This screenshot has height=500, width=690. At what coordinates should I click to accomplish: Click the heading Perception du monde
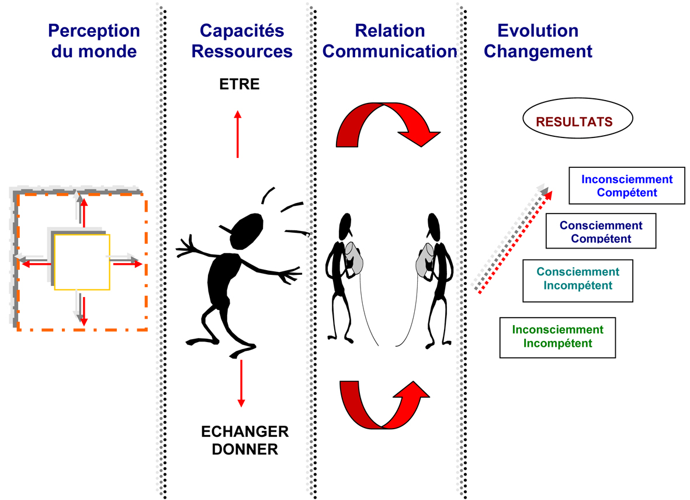(x=94, y=41)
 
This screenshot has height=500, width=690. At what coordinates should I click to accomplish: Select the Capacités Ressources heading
(x=242, y=41)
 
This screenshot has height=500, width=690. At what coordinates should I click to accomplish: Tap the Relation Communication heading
(x=390, y=41)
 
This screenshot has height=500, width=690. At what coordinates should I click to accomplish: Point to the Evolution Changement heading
(x=538, y=41)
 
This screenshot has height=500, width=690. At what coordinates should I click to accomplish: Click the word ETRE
(x=240, y=85)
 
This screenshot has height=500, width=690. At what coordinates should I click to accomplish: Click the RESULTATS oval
(x=574, y=122)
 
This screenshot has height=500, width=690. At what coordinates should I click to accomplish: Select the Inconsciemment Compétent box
(x=627, y=186)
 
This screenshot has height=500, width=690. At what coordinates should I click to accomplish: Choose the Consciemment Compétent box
(x=601, y=231)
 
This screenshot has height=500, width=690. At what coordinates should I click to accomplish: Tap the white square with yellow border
(x=82, y=263)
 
